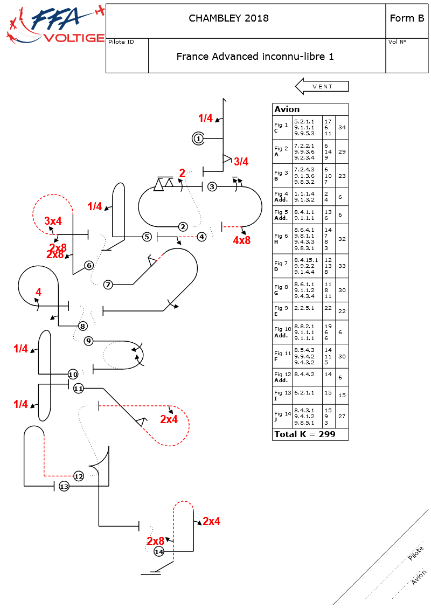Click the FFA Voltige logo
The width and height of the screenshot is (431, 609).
click(54, 24)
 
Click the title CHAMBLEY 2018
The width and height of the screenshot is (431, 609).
click(228, 18)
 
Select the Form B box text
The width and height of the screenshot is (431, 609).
click(407, 18)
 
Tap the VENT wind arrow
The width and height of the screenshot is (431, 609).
click(322, 86)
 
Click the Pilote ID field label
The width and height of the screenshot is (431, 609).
click(121, 42)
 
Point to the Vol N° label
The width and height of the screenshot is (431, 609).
click(397, 42)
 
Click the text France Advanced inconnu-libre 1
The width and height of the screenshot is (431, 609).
click(255, 56)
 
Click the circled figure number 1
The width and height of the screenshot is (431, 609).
click(198, 139)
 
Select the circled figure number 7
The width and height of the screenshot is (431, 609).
click(108, 285)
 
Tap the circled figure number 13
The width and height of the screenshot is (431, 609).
click(64, 487)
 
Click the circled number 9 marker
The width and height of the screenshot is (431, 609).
click(89, 341)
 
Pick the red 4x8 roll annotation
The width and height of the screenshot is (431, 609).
click(241, 240)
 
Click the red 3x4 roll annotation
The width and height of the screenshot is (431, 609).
click(53, 221)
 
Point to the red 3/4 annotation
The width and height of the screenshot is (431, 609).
click(241, 162)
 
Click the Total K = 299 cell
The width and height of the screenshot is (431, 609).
click(304, 434)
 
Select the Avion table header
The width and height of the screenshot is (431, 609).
click(287, 109)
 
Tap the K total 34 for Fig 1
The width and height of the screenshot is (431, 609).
click(342, 128)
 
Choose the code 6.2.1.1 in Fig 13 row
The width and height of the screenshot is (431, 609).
click(304, 393)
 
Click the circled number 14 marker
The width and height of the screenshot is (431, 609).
click(159, 552)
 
